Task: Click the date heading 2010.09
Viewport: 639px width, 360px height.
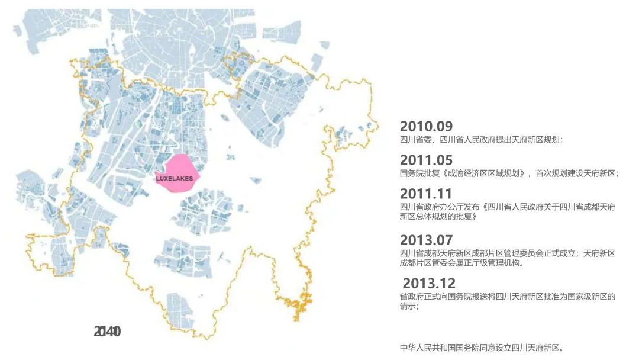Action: tap(426, 126)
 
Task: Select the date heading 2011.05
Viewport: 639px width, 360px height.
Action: tap(426, 160)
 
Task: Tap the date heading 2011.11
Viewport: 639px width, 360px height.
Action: tap(426, 194)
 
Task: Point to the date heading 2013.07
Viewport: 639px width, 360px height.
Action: tap(426, 240)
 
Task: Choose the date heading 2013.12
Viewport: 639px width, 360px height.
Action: tap(429, 283)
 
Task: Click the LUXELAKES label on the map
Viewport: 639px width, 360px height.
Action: tap(175, 178)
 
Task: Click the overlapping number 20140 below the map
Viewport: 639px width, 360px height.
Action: tap(107, 332)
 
